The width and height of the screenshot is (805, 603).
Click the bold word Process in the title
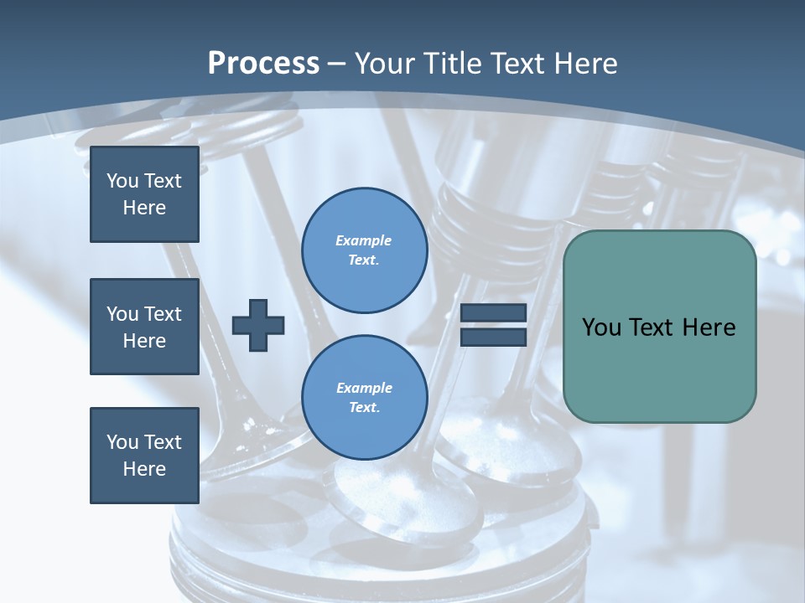click(x=263, y=63)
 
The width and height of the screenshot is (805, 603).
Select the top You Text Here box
click(x=144, y=194)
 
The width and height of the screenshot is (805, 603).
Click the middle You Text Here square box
click(x=144, y=327)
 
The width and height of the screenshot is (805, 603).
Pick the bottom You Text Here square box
click(x=144, y=455)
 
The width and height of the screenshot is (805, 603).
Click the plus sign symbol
click(x=258, y=325)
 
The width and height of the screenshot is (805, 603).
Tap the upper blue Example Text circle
click(x=364, y=250)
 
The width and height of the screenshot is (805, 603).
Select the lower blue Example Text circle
click(x=364, y=397)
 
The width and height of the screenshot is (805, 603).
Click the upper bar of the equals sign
click(x=493, y=313)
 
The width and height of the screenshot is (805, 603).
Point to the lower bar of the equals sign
click(x=493, y=338)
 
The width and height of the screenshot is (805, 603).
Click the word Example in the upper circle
click(x=364, y=240)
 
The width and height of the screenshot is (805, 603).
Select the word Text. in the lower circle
click(x=364, y=408)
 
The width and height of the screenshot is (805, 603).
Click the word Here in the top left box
click(x=144, y=208)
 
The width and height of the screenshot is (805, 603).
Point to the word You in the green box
click(x=600, y=327)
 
